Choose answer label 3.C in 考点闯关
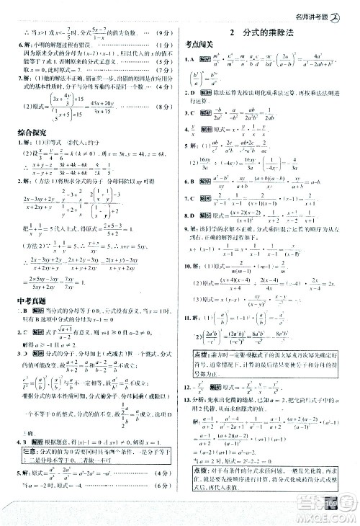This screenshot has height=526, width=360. point(188,113)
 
